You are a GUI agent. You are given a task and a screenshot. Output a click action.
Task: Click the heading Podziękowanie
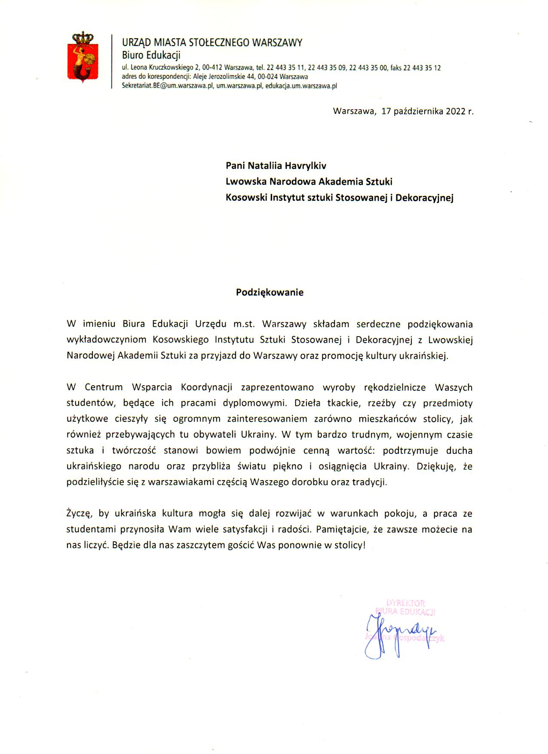[269, 292]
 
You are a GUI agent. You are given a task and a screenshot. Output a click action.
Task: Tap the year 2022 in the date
[455, 111]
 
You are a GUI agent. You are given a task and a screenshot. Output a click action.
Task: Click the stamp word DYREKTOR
[405, 603]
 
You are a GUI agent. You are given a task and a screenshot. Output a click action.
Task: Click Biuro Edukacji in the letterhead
[151, 55]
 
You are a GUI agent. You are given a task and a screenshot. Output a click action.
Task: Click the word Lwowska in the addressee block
[246, 181]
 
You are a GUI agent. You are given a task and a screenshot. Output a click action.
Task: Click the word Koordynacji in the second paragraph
[206, 387]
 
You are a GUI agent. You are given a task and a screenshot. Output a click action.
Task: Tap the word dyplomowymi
[254, 403]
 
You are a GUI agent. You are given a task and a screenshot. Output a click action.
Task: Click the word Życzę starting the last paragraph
[78, 513]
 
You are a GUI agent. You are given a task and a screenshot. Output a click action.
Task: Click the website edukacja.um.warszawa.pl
[301, 86]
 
